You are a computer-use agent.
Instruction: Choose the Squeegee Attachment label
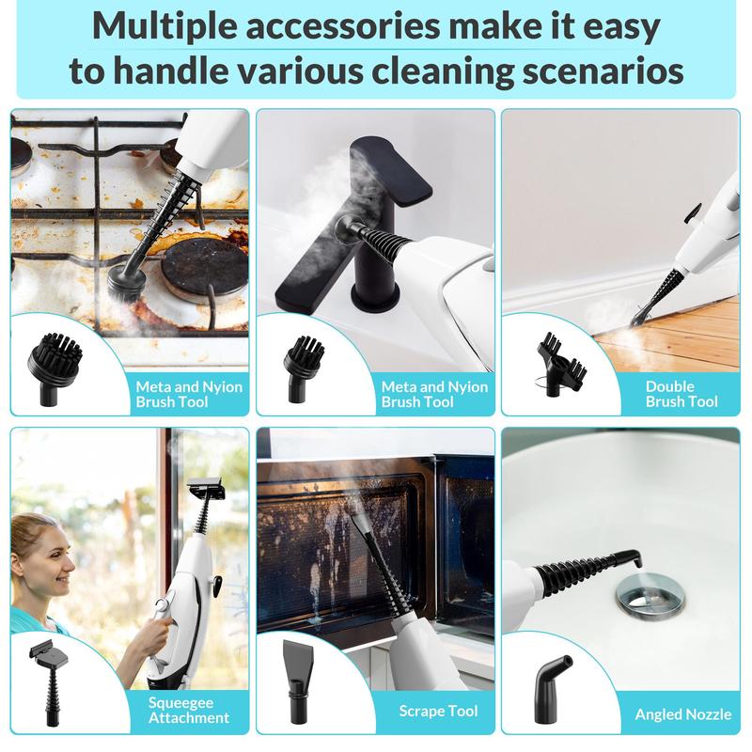point(188,709)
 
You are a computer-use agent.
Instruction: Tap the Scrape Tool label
point(437,711)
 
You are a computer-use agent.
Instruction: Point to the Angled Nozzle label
point(683,714)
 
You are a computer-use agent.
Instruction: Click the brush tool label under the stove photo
point(188,394)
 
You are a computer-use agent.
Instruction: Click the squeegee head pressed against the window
point(205,489)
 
